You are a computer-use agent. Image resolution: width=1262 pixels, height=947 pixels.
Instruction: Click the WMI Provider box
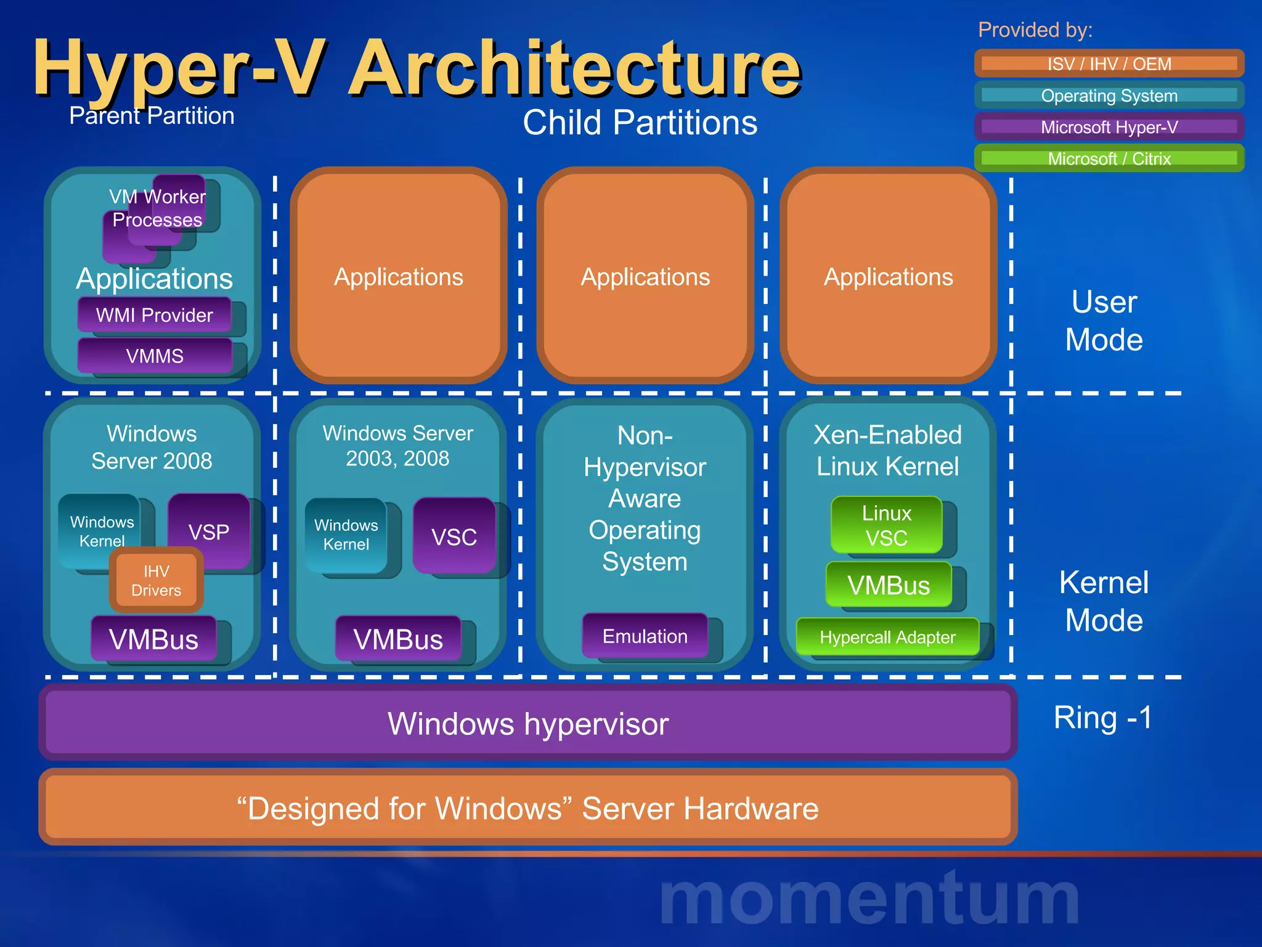pos(154,315)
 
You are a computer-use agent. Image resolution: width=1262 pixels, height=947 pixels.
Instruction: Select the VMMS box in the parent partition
pos(155,356)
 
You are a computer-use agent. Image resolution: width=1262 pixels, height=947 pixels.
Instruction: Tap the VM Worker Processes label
pos(157,208)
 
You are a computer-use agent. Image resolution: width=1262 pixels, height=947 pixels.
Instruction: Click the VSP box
pos(209,531)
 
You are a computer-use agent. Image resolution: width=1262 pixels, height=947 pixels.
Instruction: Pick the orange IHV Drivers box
pos(157,580)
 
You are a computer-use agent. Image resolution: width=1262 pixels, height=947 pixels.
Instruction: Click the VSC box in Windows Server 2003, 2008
pos(454,536)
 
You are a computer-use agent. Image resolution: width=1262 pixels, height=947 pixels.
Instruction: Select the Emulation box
pos(645,636)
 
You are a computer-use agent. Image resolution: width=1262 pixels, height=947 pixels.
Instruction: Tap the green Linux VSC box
pos(886,525)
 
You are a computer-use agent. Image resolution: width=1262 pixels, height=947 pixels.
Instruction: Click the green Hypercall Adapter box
pos(887,637)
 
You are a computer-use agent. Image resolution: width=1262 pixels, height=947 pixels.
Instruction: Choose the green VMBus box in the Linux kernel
pos(888,584)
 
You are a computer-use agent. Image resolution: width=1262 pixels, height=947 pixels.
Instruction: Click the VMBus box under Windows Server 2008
pos(153,639)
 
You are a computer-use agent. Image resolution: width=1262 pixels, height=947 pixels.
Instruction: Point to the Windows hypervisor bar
pos(528,723)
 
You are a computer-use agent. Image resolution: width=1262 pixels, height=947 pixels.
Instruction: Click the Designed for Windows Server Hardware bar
pos(528,808)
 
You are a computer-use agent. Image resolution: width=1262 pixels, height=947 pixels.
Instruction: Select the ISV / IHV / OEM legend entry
pos(1109,64)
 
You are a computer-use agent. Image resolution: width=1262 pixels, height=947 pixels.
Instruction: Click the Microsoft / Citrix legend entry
pos(1109,158)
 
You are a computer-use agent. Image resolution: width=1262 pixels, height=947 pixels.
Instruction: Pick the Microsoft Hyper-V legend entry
pos(1109,127)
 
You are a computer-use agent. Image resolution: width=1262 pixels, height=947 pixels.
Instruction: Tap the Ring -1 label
pos(1102,718)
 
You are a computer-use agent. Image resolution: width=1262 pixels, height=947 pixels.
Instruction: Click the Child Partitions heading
pos(640,122)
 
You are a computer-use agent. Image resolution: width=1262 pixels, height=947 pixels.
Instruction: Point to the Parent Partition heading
pos(152,116)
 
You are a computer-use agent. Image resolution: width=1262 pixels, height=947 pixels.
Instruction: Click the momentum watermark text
pos(869,899)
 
